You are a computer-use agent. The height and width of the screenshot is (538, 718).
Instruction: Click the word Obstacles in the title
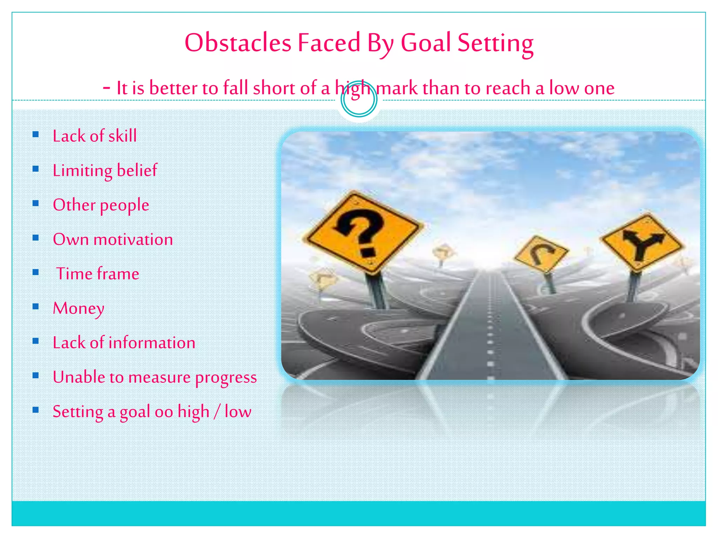click(238, 43)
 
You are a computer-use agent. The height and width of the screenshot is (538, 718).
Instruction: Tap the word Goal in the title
click(426, 43)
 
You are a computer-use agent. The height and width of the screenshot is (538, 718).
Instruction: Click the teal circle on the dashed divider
click(359, 99)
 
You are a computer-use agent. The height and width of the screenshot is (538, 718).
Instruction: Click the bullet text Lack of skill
click(95, 136)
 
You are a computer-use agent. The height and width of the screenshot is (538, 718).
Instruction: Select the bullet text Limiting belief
click(105, 171)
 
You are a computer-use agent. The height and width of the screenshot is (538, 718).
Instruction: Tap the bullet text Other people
click(101, 205)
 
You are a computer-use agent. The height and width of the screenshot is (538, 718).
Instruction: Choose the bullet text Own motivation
click(113, 240)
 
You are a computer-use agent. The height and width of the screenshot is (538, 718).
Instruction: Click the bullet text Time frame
click(98, 274)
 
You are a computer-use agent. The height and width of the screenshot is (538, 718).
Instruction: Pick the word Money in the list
click(79, 309)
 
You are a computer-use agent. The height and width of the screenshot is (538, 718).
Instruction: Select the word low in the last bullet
click(238, 412)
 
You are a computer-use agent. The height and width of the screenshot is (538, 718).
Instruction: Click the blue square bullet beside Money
click(35, 307)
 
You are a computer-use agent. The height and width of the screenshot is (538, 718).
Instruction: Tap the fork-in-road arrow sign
click(642, 242)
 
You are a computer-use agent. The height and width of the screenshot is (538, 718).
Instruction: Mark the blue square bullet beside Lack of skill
click(35, 134)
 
